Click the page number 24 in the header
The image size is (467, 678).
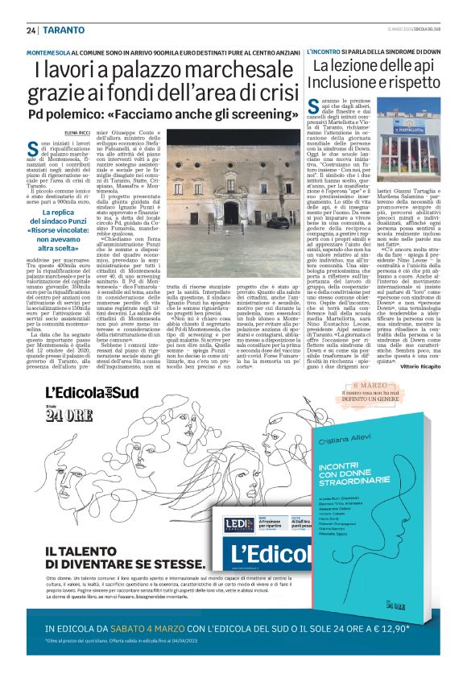(31, 31)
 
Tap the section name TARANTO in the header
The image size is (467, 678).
(60, 31)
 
